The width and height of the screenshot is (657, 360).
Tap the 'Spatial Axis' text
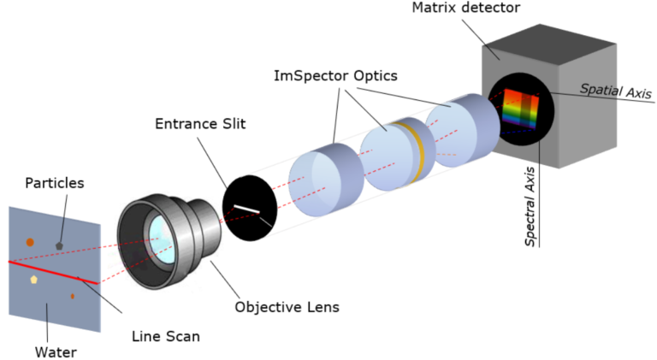615,90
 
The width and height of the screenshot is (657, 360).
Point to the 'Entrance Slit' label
200,124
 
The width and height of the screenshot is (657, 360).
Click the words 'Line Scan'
166,336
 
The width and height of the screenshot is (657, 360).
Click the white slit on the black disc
247,208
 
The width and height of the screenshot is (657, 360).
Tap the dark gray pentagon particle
59,245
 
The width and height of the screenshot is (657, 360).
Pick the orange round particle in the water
30,242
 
